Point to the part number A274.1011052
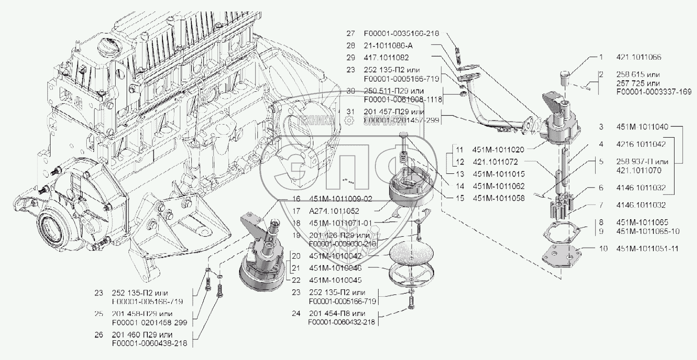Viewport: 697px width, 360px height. point(328,211)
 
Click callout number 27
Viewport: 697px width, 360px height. point(351,33)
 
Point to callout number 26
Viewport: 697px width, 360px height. point(98,335)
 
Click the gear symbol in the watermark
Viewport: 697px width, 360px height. point(349,121)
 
